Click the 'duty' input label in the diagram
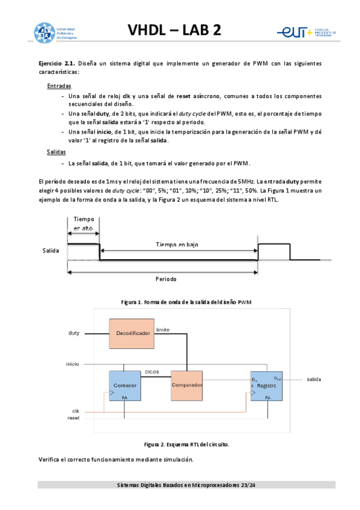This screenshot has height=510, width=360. coord(74,333)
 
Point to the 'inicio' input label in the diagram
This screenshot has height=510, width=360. coord(73,364)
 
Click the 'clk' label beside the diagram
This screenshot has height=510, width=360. coord(76,410)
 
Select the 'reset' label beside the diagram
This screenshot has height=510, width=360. coord(73,417)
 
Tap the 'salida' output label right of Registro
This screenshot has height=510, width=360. coord(314,379)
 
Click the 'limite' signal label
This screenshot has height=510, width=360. coord(163,330)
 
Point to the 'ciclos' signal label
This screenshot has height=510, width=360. coord(151,372)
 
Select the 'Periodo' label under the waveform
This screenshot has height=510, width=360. coord(166,280)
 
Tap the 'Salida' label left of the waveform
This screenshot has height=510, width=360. coord(50,250)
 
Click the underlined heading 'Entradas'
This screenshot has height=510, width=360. coord(59,86)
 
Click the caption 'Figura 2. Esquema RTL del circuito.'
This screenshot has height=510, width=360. coord(186,444)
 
